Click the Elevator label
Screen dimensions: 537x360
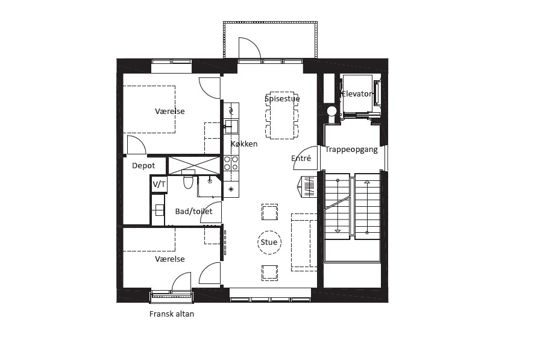tap(357, 94)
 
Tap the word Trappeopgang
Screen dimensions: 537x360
tap(351, 150)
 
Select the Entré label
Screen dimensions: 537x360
tap(301, 158)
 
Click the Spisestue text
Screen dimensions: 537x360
tap(282, 99)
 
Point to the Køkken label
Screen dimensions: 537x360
tap(244, 144)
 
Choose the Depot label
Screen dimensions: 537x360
tap(143, 166)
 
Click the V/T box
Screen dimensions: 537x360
tap(159, 185)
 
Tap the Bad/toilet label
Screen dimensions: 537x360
tap(193, 212)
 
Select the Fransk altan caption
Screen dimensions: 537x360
tap(172, 314)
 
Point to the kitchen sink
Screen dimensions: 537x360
tap(231, 127)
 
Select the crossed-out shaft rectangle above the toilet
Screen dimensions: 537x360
tap(194, 166)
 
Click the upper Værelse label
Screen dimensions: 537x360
tap(170, 112)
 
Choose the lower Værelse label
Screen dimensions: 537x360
tap(170, 259)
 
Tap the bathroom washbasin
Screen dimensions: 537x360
tap(159, 210)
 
